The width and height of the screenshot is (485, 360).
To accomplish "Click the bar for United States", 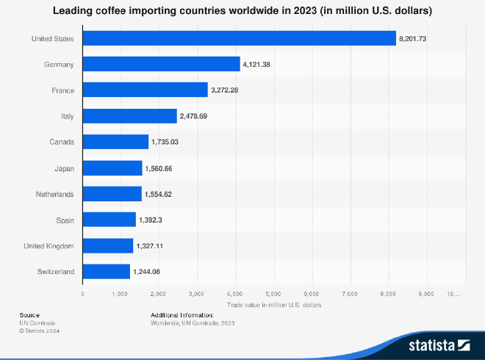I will tap(239, 38).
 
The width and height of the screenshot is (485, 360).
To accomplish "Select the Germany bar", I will tap(161, 64).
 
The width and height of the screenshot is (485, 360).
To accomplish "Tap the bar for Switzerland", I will tap(106, 272).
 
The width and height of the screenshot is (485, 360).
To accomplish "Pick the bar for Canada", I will tap(115, 142).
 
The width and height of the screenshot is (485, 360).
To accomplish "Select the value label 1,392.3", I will tap(153, 220).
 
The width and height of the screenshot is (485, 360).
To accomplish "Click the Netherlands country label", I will tap(55, 194).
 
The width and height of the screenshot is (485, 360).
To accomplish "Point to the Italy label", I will tap(67, 116).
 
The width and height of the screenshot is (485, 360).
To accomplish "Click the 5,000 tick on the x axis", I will tap(273, 294).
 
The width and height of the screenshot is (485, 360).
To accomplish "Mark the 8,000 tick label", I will tap(388, 294).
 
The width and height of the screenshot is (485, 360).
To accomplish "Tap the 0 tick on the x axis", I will tap(82, 294).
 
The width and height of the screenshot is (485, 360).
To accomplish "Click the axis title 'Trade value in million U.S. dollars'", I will tap(273, 304).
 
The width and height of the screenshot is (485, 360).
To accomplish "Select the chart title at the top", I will tap(242, 12).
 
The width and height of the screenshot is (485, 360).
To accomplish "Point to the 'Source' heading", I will tap(29, 314).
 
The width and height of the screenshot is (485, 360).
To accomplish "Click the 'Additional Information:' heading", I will tap(182, 314).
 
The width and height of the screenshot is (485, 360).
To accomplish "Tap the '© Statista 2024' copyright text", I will tap(40, 331).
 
